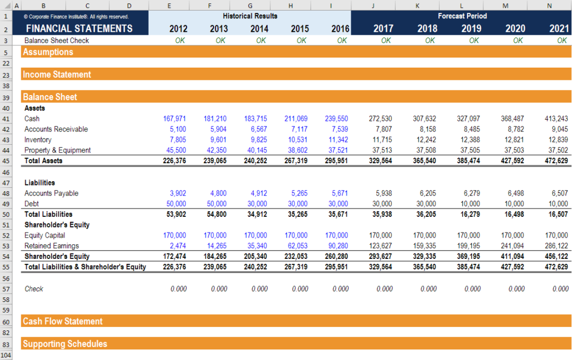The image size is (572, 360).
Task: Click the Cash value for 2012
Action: tap(174, 119)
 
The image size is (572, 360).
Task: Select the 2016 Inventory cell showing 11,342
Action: tap(338, 140)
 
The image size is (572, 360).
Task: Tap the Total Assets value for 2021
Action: tap(556, 161)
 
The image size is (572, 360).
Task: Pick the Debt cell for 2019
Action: tap(470, 203)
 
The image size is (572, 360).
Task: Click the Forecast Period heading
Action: tap(462, 16)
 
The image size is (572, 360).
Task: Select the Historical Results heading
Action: tap(250, 16)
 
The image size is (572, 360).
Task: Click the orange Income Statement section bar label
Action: tap(57, 74)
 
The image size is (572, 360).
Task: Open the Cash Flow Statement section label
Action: tap(63, 321)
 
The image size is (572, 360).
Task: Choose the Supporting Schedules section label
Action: tap(65, 344)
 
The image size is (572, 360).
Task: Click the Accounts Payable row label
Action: tap(51, 193)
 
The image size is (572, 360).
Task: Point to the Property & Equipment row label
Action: tap(58, 150)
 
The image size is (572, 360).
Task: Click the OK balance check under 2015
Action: tap(301, 41)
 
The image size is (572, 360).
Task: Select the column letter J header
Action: tap(373, 5)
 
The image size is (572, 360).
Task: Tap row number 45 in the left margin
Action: tap(6, 161)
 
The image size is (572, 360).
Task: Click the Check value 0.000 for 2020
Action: tap(516, 289)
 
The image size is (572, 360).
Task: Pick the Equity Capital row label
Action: tap(45, 235)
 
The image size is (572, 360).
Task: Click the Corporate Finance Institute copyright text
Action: tap(76, 17)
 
